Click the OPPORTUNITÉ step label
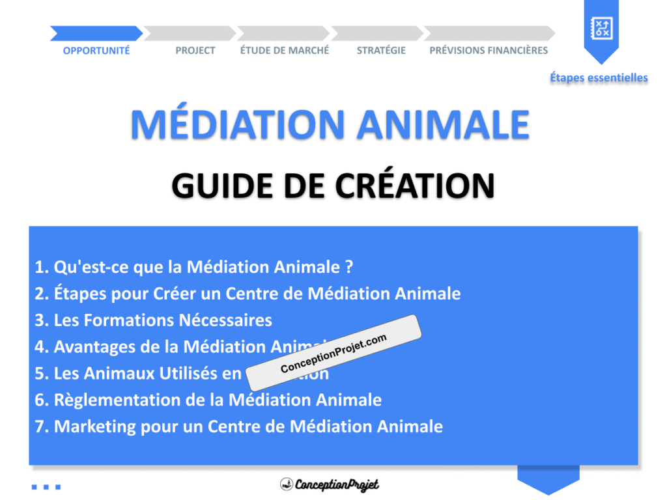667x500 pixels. coord(96,51)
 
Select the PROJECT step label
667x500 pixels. coord(195,51)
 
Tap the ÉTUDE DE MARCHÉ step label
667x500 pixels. coord(285,51)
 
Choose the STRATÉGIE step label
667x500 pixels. coord(381,51)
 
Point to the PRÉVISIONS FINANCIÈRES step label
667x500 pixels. coord(489,51)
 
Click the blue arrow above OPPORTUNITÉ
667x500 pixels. coord(96,33)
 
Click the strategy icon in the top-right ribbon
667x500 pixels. coord(601,27)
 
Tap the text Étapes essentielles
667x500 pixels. coord(599,78)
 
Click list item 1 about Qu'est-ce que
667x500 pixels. coord(195,267)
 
